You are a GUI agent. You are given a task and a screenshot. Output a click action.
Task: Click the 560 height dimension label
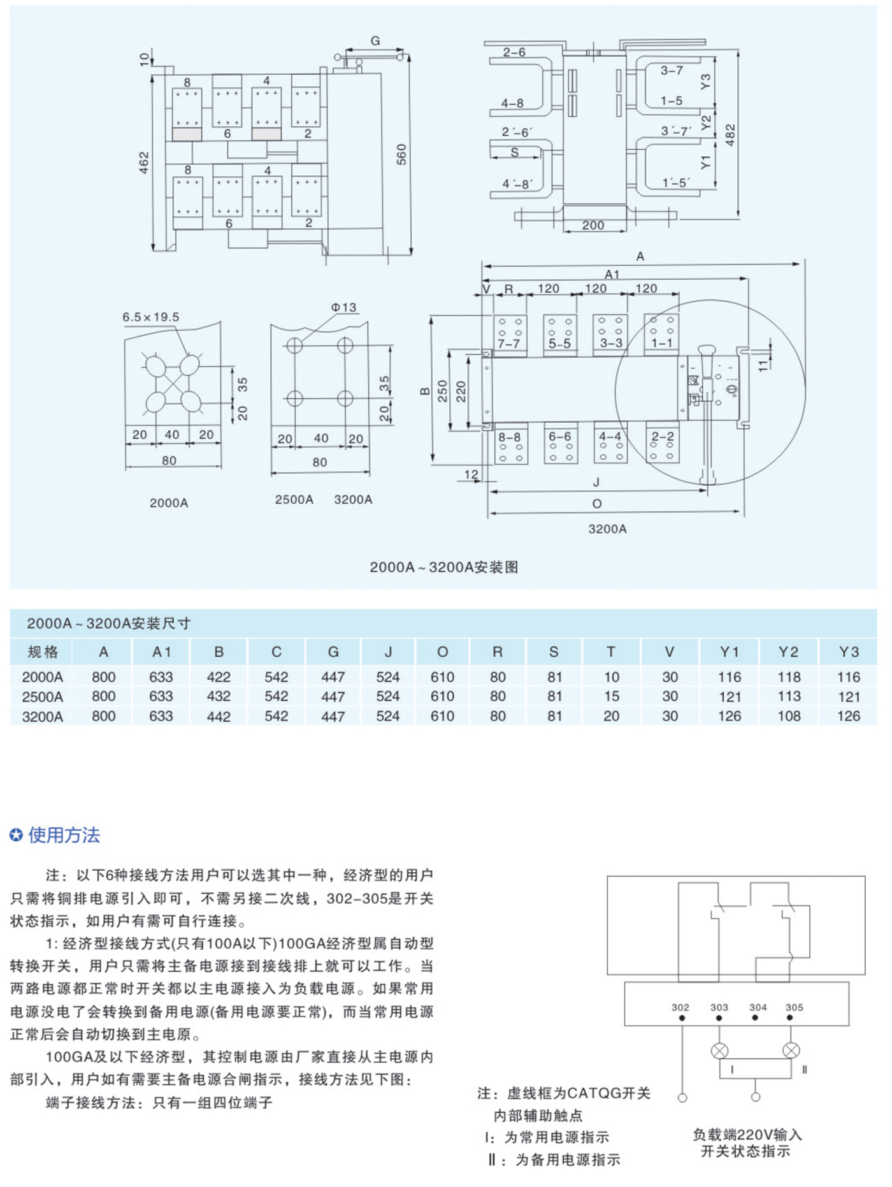click(401, 154)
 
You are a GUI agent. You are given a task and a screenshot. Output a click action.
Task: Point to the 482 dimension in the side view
click(730, 135)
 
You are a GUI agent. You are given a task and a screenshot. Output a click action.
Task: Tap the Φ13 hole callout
click(344, 307)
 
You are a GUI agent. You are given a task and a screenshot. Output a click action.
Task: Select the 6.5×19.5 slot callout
click(151, 317)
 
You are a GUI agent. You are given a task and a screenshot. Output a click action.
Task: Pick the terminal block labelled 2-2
click(663, 443)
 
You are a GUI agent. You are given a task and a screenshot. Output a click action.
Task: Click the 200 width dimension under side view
click(593, 225)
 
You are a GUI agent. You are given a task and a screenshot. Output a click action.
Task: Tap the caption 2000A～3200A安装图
click(444, 567)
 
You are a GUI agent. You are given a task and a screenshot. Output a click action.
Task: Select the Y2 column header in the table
click(788, 652)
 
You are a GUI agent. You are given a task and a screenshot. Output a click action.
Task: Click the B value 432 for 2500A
click(219, 696)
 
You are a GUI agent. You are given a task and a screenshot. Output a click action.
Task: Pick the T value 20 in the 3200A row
click(611, 716)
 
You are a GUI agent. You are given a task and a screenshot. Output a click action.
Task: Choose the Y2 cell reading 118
click(789, 677)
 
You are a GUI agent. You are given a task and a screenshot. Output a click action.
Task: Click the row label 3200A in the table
click(43, 717)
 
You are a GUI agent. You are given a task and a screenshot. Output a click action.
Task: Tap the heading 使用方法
click(64, 835)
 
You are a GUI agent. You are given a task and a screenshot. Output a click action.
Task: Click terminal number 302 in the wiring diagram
click(680, 1007)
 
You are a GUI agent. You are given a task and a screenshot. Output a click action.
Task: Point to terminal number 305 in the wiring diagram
click(794, 1007)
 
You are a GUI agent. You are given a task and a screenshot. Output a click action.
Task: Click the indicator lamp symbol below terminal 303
click(719, 1051)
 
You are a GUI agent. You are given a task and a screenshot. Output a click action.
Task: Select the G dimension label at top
click(375, 41)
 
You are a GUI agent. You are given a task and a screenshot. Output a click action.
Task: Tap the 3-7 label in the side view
click(672, 70)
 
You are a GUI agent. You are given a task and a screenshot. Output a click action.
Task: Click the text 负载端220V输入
click(747, 1135)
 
